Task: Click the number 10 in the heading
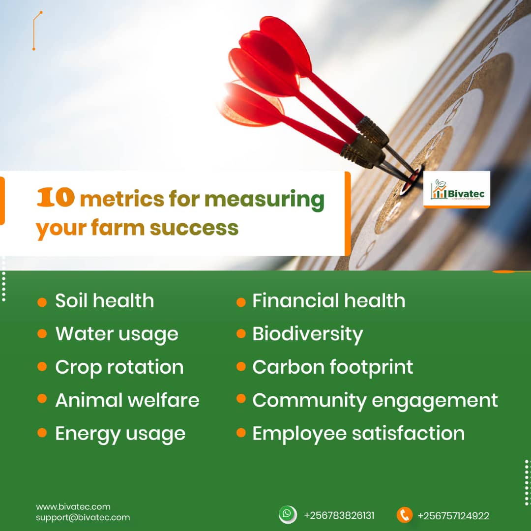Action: coord(56,199)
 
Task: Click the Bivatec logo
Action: coord(457,190)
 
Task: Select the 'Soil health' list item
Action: coord(104,301)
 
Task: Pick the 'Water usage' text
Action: coord(117,334)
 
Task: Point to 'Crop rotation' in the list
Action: coord(119,367)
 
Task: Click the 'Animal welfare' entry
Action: coord(127,400)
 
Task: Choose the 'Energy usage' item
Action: coord(120,434)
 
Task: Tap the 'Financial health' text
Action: coord(328,301)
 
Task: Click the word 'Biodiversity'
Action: coord(307,334)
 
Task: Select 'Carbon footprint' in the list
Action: coord(332,367)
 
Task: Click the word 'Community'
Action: coord(309,401)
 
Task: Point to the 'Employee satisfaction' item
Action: coord(358,434)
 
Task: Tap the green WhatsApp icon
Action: coord(288,514)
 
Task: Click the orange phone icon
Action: coord(404,515)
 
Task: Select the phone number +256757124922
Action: coord(453,516)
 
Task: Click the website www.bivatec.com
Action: coord(73,506)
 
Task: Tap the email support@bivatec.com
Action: coord(83,517)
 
